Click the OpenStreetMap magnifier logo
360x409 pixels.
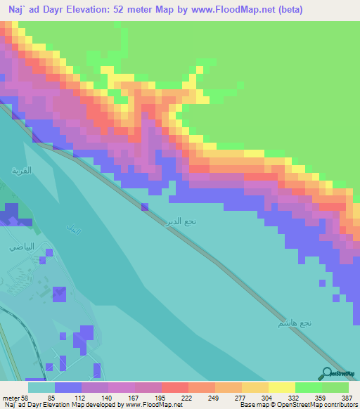(328, 374)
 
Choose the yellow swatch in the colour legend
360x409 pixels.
(282, 387)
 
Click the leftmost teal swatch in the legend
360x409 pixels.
(41, 387)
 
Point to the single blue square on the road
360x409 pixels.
(145, 207)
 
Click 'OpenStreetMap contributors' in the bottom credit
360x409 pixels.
(318, 405)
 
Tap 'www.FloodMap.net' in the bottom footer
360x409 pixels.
(153, 405)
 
